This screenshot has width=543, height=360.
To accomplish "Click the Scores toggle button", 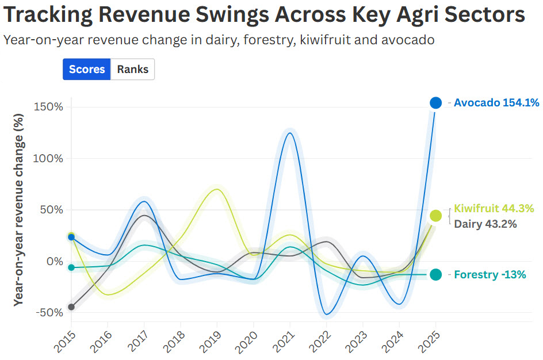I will (87, 70).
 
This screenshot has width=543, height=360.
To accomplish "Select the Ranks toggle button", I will (132, 70).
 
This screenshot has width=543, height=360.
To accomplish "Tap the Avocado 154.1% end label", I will (496, 103).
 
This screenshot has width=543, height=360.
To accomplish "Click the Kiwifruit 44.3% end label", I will (494, 208).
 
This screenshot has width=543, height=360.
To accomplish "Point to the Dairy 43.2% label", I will (485, 224).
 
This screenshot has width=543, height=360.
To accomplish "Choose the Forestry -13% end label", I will (490, 275).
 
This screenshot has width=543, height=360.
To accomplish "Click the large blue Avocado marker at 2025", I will (436, 103).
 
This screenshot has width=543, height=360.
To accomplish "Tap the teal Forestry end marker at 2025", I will (436, 275).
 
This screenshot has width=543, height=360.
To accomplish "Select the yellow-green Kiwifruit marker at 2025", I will (436, 216).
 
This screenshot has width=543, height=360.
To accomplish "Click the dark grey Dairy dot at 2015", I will (71, 307).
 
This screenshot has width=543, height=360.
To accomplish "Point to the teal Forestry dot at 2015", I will (71, 267).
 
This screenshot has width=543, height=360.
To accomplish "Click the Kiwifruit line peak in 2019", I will (216, 189).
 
